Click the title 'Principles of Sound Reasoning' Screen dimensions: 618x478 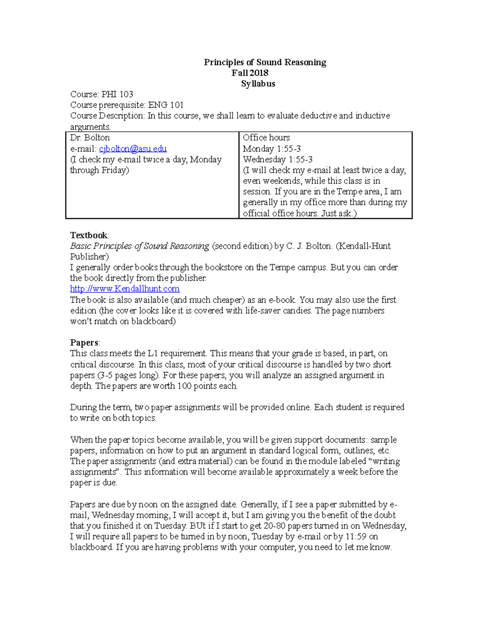point(265,62)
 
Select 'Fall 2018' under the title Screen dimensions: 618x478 point(250,73)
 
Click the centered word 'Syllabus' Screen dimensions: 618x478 point(258,84)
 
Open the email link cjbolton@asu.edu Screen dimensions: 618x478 point(133,149)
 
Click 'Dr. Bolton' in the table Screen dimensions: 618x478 point(90,138)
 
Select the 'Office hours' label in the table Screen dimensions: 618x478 point(266,138)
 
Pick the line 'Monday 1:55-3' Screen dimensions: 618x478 point(272,149)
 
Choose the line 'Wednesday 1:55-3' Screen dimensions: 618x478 point(278,160)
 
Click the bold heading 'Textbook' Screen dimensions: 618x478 point(89,235)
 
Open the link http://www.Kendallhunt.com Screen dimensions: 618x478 point(125,289)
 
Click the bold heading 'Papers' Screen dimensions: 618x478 point(84,343)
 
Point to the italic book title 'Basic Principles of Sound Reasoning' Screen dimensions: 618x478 point(139,246)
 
